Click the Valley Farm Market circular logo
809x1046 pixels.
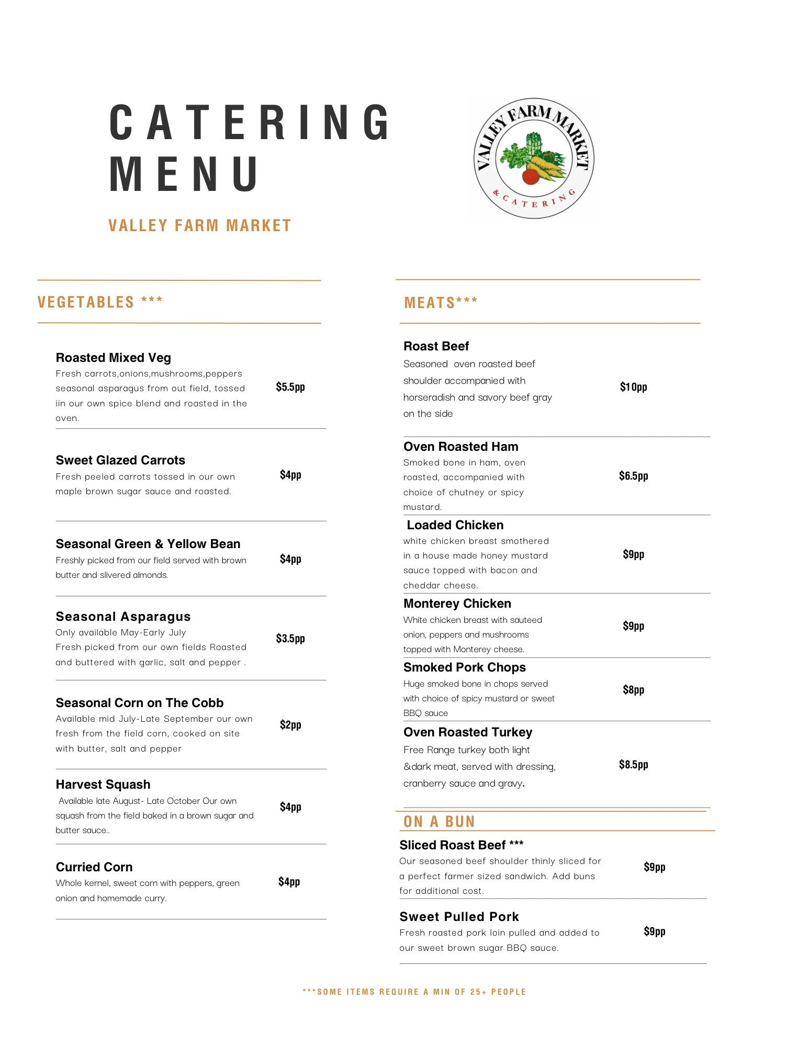point(534,158)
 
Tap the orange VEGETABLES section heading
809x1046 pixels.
point(100,302)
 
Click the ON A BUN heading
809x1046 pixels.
point(439,822)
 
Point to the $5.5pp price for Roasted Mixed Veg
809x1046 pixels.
point(290,387)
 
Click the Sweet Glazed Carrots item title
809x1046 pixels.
point(120,460)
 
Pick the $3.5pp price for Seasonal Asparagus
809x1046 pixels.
point(290,639)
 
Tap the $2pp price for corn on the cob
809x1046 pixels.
point(290,725)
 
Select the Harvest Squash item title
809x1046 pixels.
point(103,784)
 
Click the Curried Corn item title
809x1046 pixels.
point(94,867)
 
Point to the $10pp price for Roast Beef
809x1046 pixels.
point(633,387)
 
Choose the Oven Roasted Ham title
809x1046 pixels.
point(460,447)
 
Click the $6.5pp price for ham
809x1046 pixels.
point(633,476)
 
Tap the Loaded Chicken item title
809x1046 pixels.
point(455,525)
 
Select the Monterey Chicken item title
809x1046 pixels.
point(457,604)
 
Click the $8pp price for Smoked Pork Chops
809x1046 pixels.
point(633,690)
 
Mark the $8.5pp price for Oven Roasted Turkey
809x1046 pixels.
point(633,765)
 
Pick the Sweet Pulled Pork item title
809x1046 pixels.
point(459,917)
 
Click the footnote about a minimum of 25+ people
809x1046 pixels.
point(414,992)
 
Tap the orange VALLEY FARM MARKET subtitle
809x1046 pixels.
point(199,225)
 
